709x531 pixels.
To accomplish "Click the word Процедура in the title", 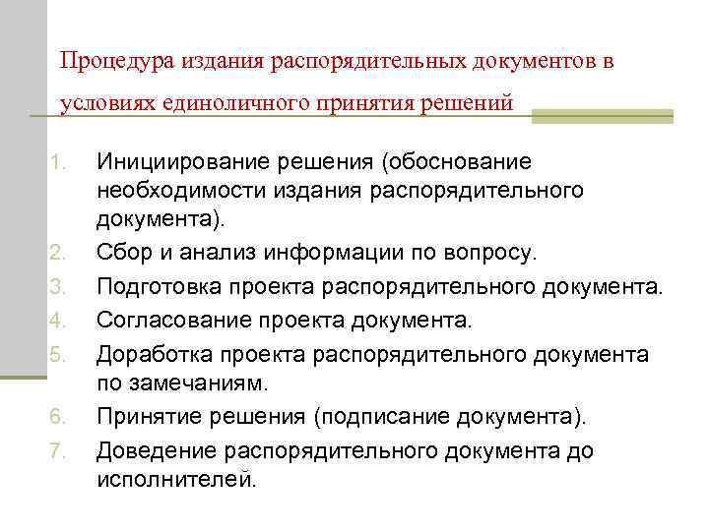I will tap(107, 62).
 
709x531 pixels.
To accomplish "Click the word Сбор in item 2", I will tap(122, 254).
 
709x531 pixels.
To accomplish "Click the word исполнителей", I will tap(175, 480).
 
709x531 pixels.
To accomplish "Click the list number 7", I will tap(57, 451).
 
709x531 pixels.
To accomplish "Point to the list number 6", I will tap(57, 418).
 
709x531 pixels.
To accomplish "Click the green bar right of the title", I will tap(602, 116).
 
